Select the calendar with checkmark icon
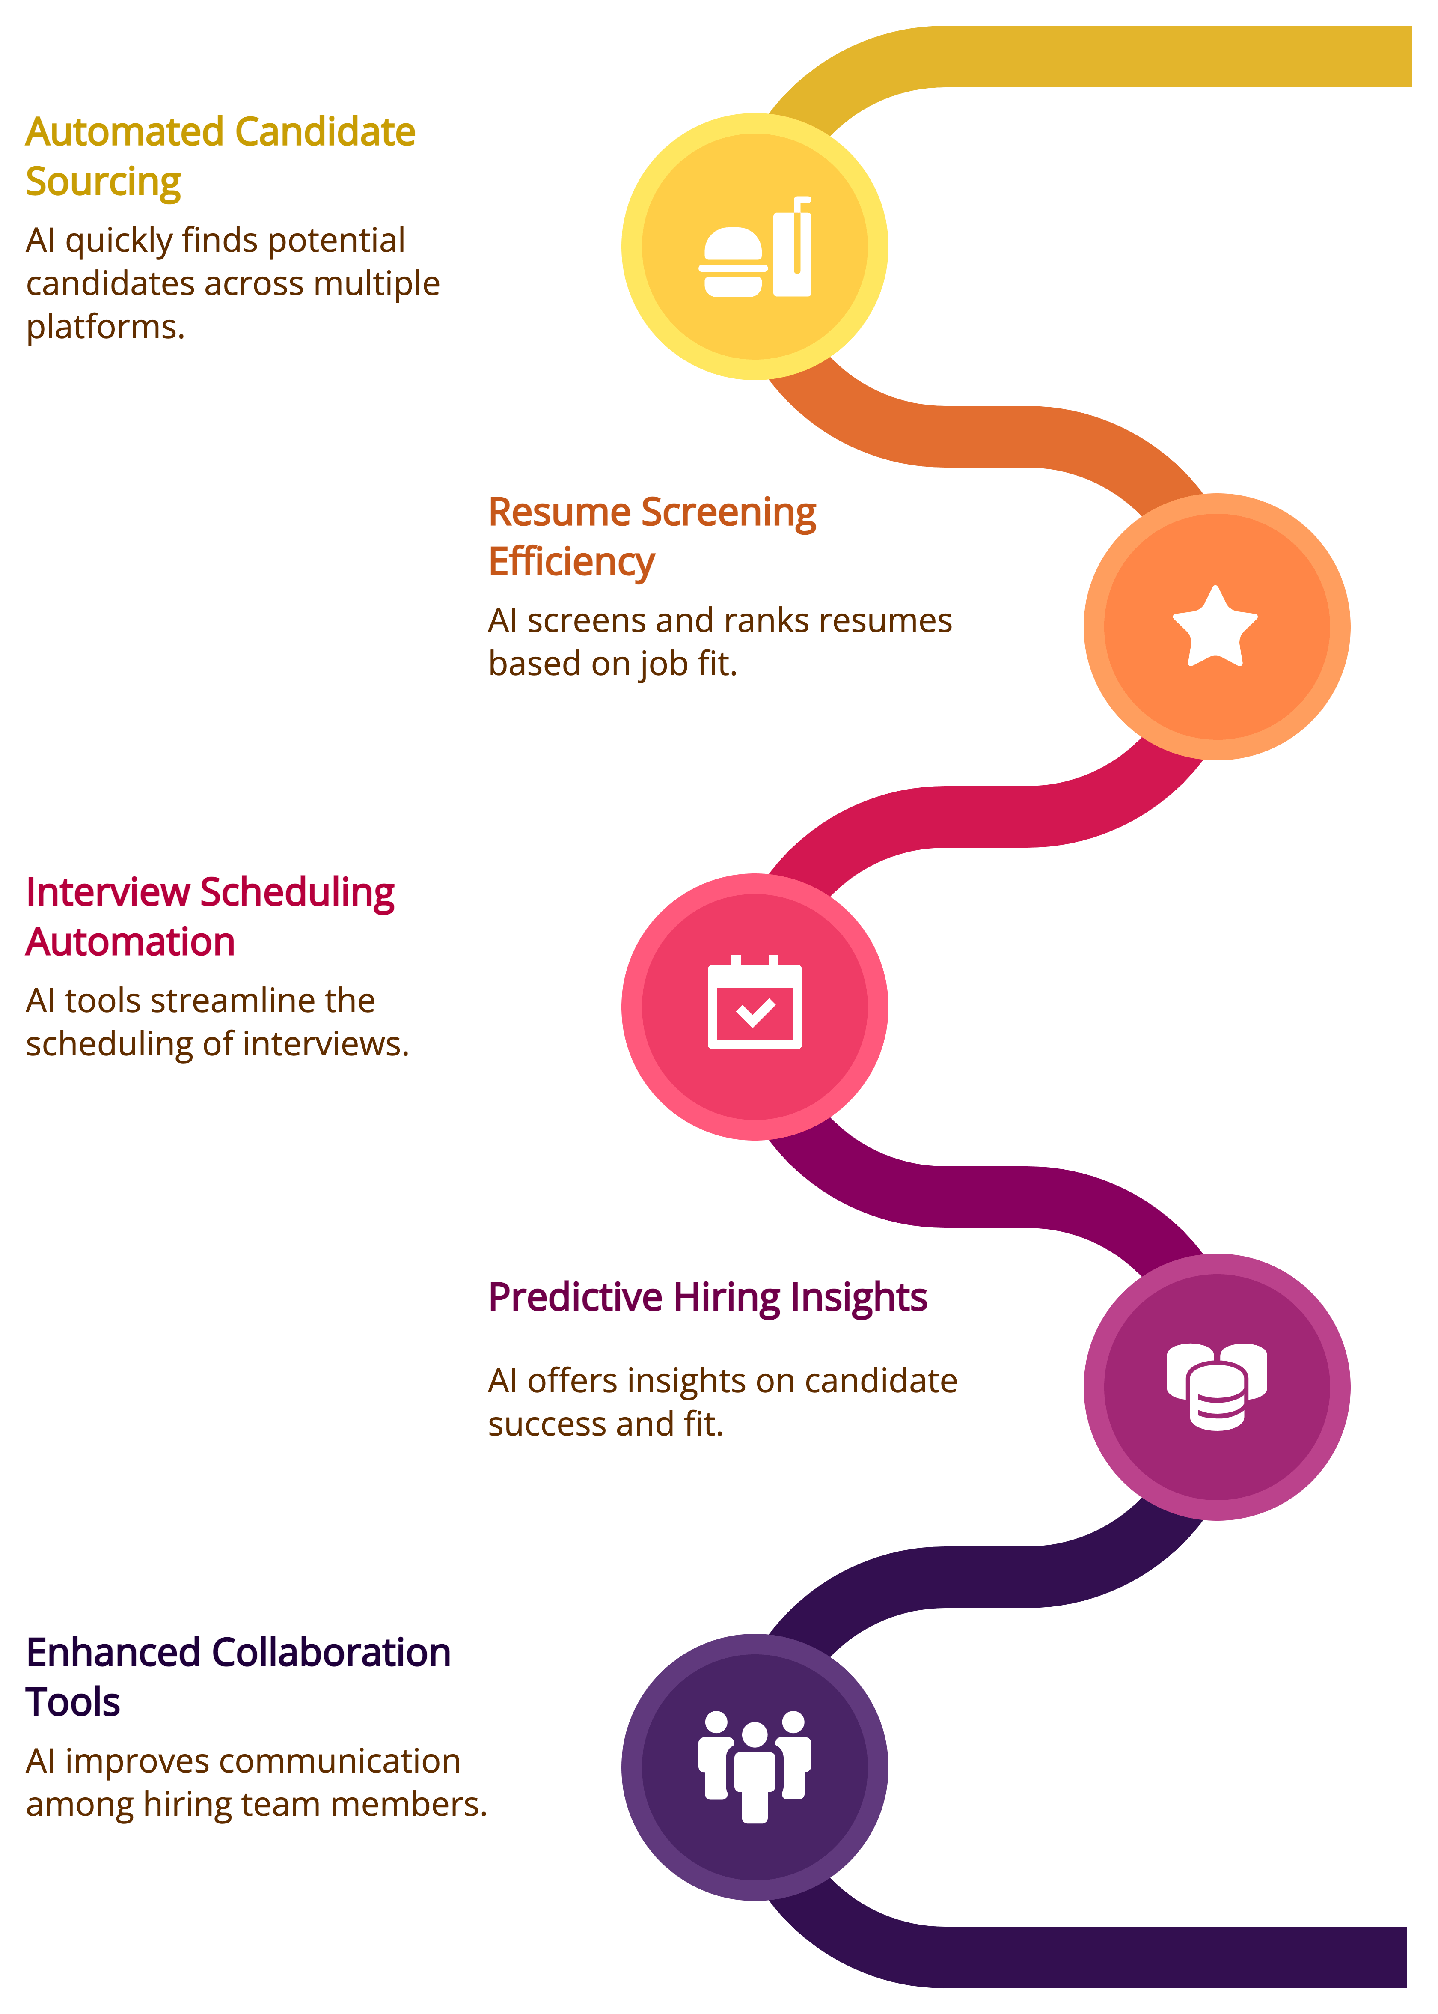coord(755,1004)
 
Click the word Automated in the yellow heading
coord(124,132)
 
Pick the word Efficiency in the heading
coord(571,563)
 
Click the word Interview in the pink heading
coord(108,893)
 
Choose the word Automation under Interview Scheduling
coord(130,942)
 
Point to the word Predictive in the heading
coord(576,1298)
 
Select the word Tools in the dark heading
coord(73,1702)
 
